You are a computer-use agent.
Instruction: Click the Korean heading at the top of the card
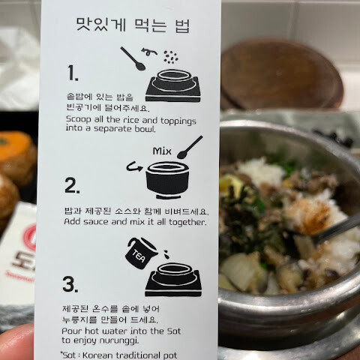133,25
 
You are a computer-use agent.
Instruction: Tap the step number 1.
73,73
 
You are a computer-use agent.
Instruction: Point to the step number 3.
70,284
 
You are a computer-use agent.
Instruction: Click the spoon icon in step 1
133,58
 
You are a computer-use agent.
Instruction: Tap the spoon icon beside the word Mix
190,147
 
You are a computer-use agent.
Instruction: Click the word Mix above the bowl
162,151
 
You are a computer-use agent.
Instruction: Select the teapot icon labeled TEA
142,253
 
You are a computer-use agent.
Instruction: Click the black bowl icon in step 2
167,180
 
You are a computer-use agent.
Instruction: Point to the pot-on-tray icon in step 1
173,85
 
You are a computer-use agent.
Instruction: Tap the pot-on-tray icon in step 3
173,280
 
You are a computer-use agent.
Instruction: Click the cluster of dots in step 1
171,57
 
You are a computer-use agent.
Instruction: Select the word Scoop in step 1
79,119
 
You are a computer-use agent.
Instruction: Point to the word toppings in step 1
178,121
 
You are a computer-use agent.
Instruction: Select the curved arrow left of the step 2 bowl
134,166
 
